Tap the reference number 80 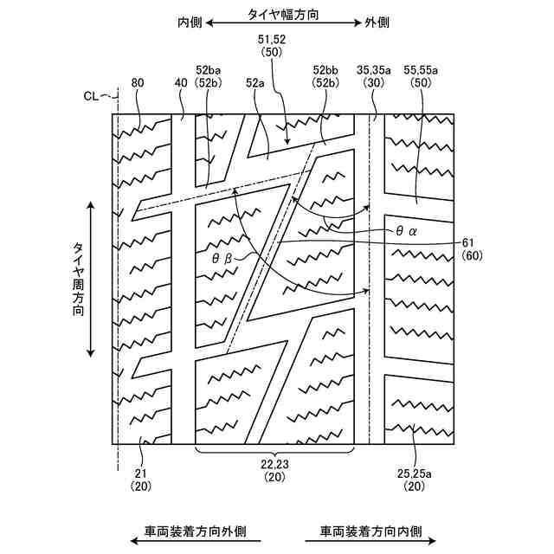pos(138,83)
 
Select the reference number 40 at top pos(180,83)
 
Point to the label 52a pos(254,83)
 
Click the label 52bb pos(326,70)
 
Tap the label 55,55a pos(422,70)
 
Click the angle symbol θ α pos(407,231)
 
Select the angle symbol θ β pos(222,257)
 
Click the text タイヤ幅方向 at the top pos(282,14)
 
